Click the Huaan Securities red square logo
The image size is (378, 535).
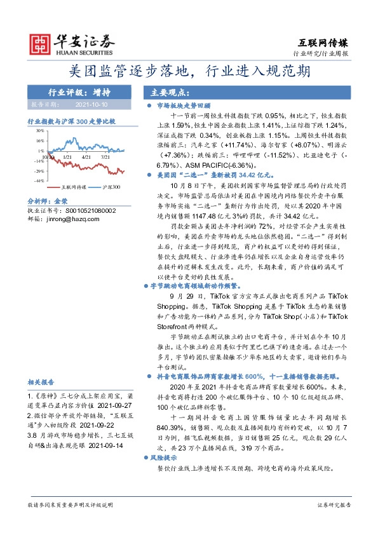pyautogui.click(x=41, y=42)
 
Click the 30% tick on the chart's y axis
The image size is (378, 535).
pyautogui.click(x=39, y=130)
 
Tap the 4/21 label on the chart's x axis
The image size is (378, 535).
pyautogui.click(x=86, y=156)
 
